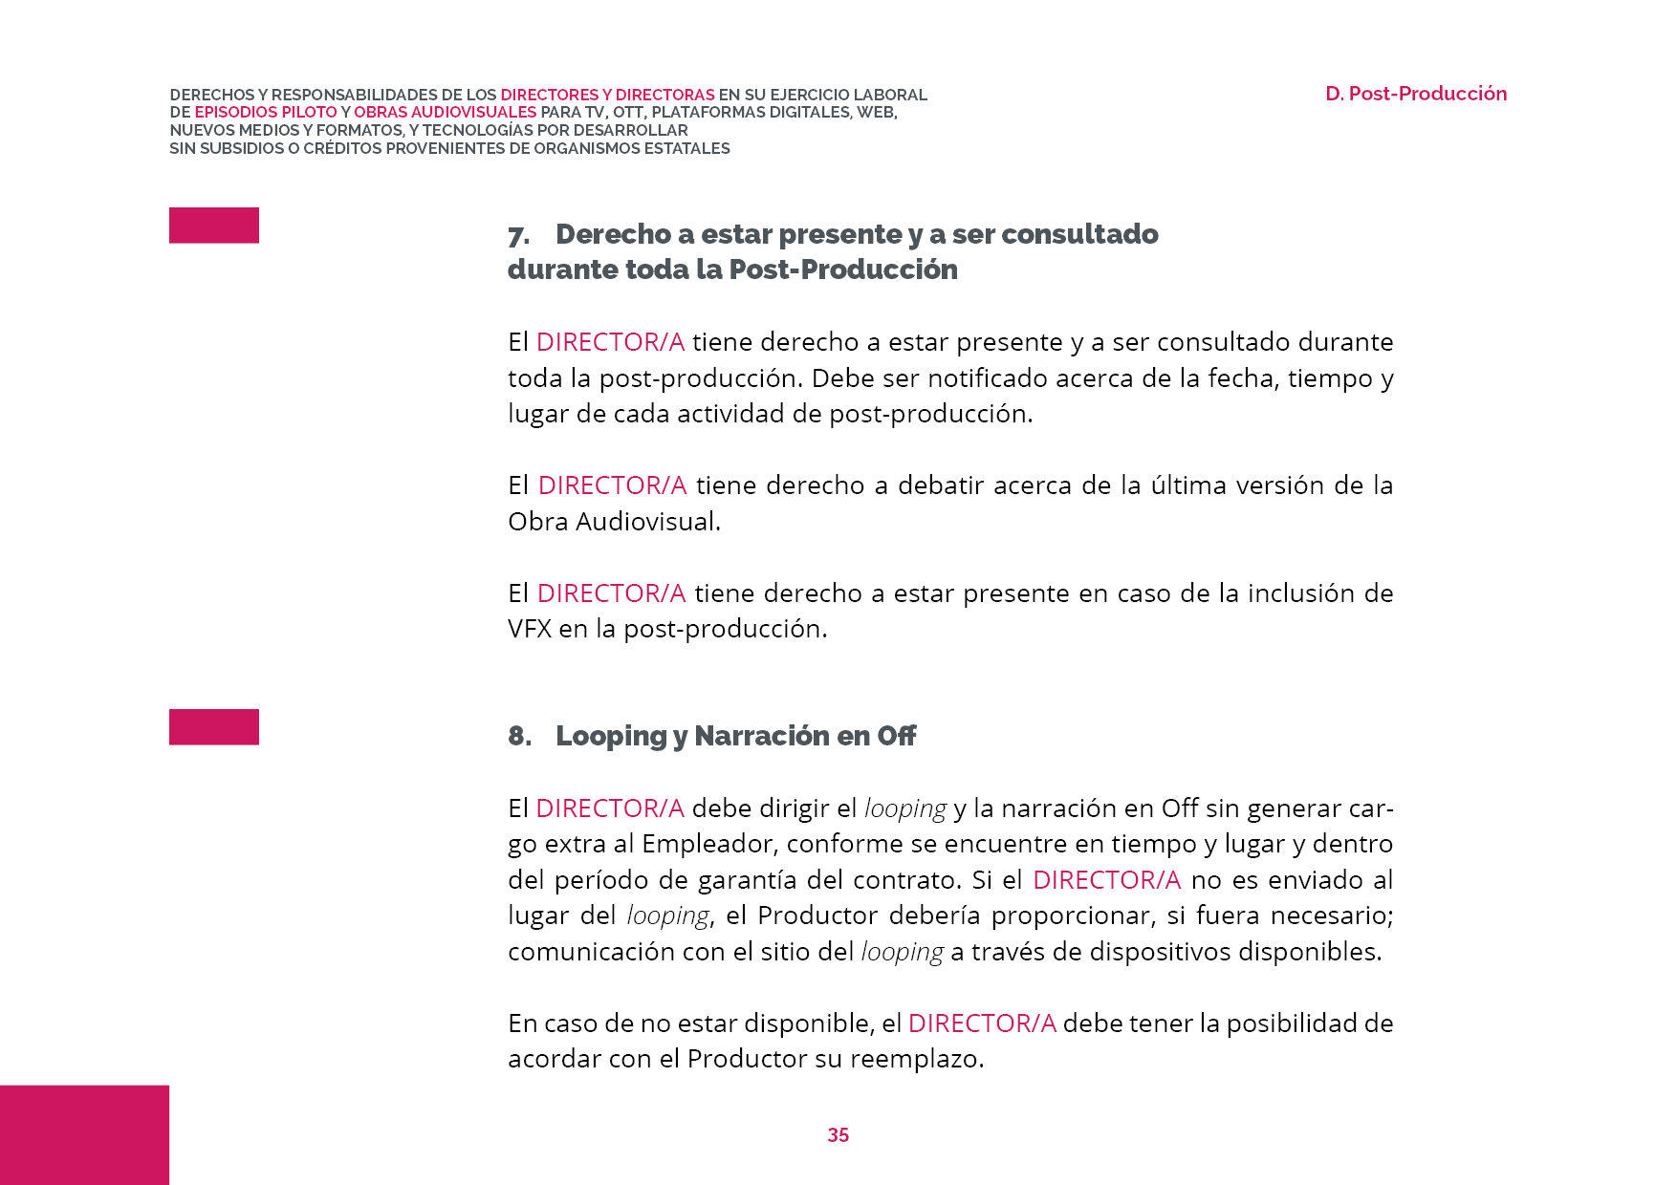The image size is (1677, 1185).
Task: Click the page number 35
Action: click(x=838, y=1134)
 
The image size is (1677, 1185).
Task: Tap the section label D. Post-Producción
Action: click(x=1415, y=94)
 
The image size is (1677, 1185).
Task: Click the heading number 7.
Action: click(x=518, y=236)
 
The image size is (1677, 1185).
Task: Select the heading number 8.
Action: click(x=519, y=736)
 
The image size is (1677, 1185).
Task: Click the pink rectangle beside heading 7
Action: click(x=214, y=226)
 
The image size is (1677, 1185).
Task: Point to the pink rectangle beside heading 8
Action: click(x=214, y=727)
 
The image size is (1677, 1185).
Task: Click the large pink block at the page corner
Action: click(x=84, y=1134)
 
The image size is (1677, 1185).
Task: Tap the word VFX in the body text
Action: click(x=530, y=629)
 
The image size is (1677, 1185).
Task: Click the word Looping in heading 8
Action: click(x=611, y=737)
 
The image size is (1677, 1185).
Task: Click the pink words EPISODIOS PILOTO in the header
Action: click(x=266, y=112)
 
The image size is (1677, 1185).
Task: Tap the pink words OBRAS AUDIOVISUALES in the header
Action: click(x=445, y=112)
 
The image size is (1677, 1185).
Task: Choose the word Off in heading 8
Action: click(x=896, y=736)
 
